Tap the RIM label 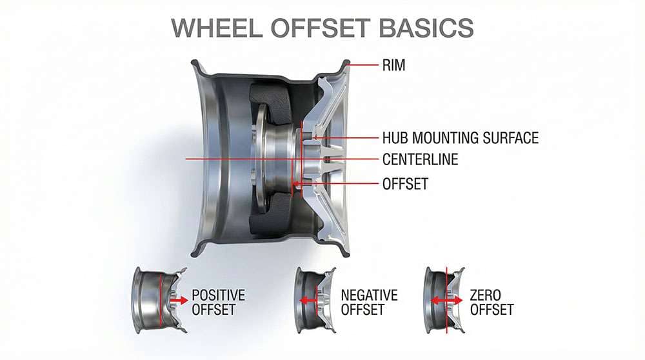[393, 65]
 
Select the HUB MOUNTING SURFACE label [460, 137]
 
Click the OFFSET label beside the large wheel [405, 183]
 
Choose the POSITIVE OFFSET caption [218, 303]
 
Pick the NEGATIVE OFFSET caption [369, 303]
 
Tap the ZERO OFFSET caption [491, 303]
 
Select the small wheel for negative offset [314, 301]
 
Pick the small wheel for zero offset [444, 301]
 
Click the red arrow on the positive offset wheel [179, 300]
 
